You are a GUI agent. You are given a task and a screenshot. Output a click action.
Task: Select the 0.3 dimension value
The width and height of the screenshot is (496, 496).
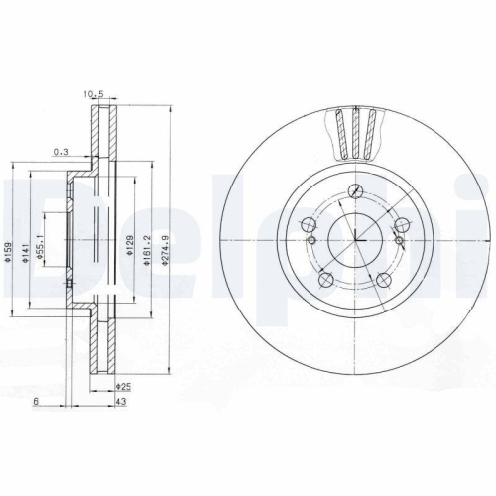coord(62,152)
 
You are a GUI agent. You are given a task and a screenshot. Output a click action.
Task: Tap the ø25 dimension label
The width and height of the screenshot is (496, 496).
coord(123,386)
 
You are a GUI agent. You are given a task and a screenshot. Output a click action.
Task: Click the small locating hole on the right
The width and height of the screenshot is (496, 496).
coord(398,239)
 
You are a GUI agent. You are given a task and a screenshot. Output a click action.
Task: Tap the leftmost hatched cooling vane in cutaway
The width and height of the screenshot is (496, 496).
coord(339,131)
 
